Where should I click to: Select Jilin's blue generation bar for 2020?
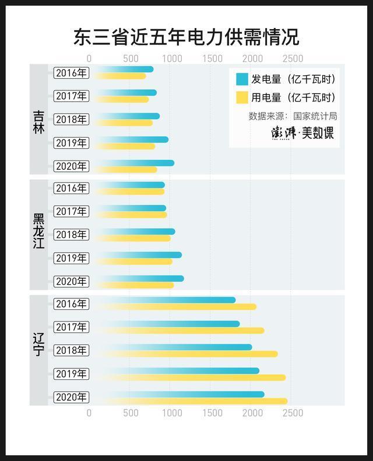point(134,163)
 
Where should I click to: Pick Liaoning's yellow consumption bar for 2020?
point(192,401)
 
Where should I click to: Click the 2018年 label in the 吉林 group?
point(71,120)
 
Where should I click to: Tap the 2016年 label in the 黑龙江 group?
point(71,188)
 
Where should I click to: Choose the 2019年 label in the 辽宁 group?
point(71,373)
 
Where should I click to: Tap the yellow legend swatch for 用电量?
point(242,97)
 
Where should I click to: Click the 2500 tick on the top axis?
point(293,58)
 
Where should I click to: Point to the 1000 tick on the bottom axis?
point(171,413)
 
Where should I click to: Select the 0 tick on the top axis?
point(89,58)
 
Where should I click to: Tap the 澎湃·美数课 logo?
point(303,133)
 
